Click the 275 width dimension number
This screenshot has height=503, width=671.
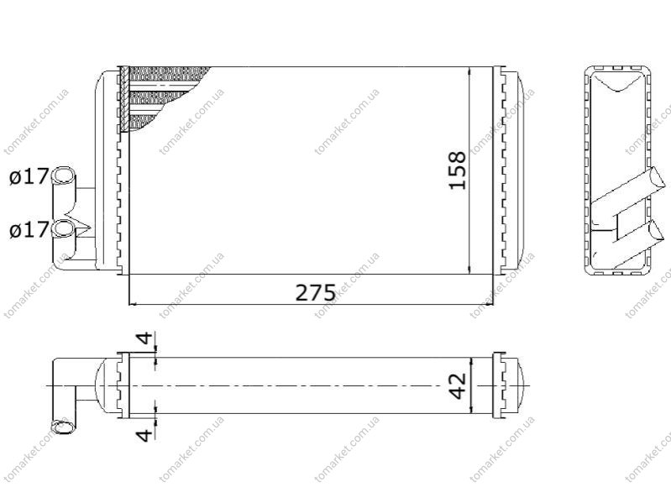(x=316, y=293)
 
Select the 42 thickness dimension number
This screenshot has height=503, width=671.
(x=459, y=386)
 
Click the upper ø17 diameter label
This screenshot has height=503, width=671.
(x=29, y=176)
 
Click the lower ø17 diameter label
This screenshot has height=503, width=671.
(x=29, y=230)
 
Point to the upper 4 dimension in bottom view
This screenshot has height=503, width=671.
(x=145, y=338)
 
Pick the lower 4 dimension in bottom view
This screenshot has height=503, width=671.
(x=144, y=435)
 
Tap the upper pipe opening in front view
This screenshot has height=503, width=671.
(x=63, y=176)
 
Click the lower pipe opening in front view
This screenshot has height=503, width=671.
(x=63, y=228)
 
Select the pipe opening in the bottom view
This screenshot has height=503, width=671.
(x=61, y=427)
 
